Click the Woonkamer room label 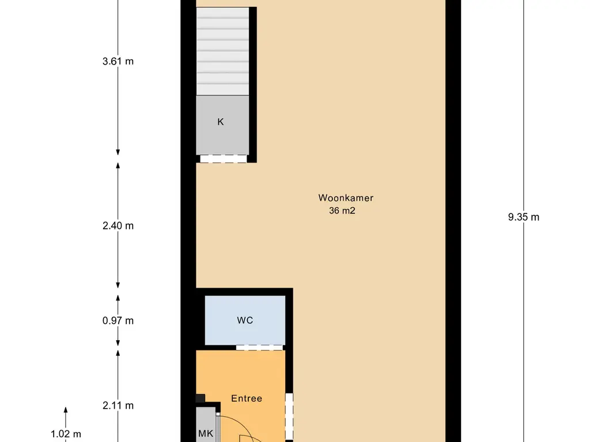pos(346,198)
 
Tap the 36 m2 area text pos(342,211)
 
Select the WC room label pos(245,320)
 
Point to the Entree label pos(247,398)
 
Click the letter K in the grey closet pos(221,122)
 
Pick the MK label pos(206,434)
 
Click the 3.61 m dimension pos(118,61)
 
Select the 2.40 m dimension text pos(118,226)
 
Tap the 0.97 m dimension pos(118,321)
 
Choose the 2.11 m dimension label pos(118,406)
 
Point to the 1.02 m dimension pos(66,434)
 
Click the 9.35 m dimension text pos(523,217)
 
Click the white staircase pos(223,51)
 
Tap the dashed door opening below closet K pos(223,159)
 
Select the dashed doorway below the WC pos(259,348)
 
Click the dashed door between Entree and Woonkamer pos(289,416)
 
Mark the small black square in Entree pos(200,398)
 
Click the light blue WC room pos(245,320)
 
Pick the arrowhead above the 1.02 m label pos(66,410)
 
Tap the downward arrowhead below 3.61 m pos(118,152)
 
